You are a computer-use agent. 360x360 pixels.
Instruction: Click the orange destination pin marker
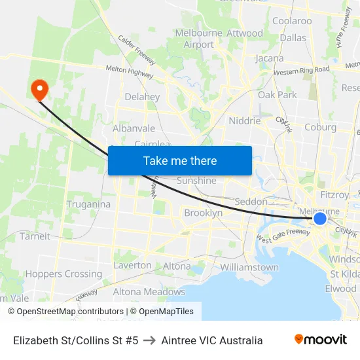coord(39,89)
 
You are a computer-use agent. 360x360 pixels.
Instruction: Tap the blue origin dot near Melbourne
coord(320,219)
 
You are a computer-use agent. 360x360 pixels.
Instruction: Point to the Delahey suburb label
coord(142,97)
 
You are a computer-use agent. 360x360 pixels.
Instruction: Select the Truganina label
coord(88,204)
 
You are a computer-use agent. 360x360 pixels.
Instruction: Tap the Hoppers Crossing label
coord(63,274)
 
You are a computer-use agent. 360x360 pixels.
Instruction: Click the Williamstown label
coord(249,267)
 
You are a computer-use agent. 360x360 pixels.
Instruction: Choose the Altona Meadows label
coord(149,292)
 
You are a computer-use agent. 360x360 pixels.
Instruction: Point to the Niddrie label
coord(245,120)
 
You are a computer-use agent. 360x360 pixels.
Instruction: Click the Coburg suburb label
coord(320,127)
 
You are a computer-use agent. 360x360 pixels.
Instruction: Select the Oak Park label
coord(277,94)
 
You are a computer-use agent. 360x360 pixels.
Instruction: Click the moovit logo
coord(320,340)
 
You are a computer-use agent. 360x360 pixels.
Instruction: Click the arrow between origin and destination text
coord(150,340)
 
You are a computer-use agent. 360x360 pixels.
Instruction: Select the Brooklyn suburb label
coord(203,213)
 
